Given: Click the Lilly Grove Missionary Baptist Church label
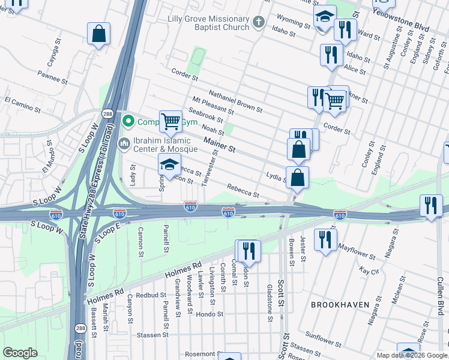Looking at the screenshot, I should click(208, 23).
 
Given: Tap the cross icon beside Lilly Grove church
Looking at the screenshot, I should click(259, 23).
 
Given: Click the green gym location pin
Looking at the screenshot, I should click(127, 122).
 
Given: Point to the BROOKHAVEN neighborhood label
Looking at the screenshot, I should click(340, 305).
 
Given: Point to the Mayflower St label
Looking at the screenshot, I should click(358, 251).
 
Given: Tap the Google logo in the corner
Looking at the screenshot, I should click(20, 353).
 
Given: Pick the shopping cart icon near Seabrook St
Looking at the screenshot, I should click(171, 122).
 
